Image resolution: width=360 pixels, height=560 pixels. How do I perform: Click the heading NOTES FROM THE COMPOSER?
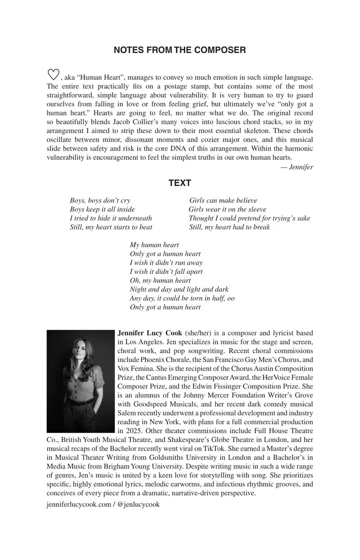coord(180,50)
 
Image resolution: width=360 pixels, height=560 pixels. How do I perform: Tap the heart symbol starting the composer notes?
coord(53,75)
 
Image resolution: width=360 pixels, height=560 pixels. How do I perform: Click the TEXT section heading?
coord(180,183)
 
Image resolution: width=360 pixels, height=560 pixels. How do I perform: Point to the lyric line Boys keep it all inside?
coord(102,209)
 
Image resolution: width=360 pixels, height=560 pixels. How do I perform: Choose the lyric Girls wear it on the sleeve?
coord(227,209)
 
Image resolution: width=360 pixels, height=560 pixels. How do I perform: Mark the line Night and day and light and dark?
coord(179,289)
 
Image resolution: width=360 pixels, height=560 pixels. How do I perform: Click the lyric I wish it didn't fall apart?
coord(166,271)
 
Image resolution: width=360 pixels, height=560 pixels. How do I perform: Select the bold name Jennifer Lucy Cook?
coord(150,333)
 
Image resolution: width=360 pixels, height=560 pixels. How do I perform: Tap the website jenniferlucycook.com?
coord(79,504)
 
